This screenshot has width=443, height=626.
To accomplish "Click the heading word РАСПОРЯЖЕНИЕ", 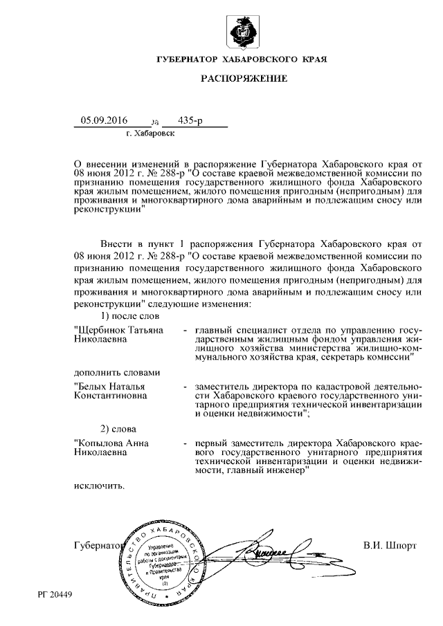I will pyautogui.click(x=243, y=79).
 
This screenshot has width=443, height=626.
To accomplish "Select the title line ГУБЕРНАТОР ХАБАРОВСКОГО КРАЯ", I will pyautogui.click(x=243, y=60).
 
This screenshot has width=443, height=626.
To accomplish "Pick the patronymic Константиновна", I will pyautogui.click(x=108, y=396).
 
